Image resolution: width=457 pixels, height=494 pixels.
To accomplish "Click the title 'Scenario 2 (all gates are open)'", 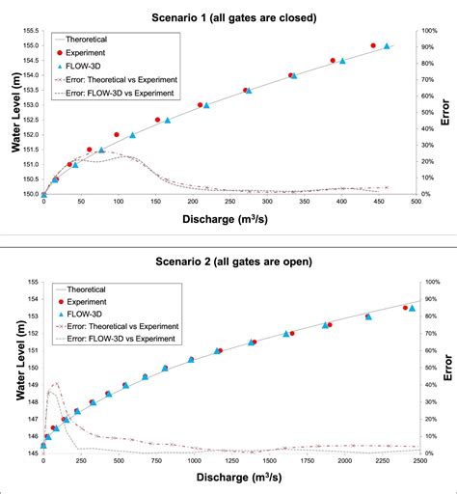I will pyautogui.click(x=228, y=261).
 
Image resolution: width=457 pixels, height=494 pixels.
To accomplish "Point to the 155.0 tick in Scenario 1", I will pyautogui.click(x=28, y=45).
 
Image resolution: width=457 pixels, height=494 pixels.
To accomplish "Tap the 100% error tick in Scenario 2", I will pyautogui.click(x=433, y=282).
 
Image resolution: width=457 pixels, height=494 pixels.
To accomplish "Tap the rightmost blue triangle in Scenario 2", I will pyautogui.click(x=412, y=309).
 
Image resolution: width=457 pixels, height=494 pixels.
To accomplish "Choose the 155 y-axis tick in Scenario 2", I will pyautogui.click(x=32, y=282).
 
